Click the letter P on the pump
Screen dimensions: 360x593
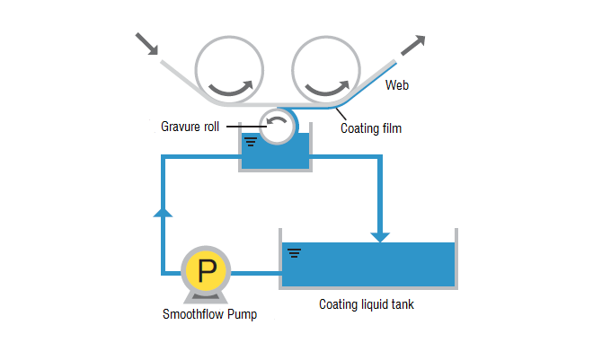[206, 270]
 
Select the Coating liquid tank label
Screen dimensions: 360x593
[367, 304]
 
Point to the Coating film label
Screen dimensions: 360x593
[370, 128]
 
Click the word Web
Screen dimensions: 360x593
[397, 86]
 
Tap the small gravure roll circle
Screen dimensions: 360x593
[276, 126]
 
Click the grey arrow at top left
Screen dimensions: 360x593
[146, 44]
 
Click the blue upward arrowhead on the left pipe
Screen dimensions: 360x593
[163, 211]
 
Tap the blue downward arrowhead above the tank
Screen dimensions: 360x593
[381, 236]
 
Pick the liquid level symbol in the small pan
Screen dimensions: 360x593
[250, 141]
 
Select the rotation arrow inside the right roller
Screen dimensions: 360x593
[326, 87]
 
